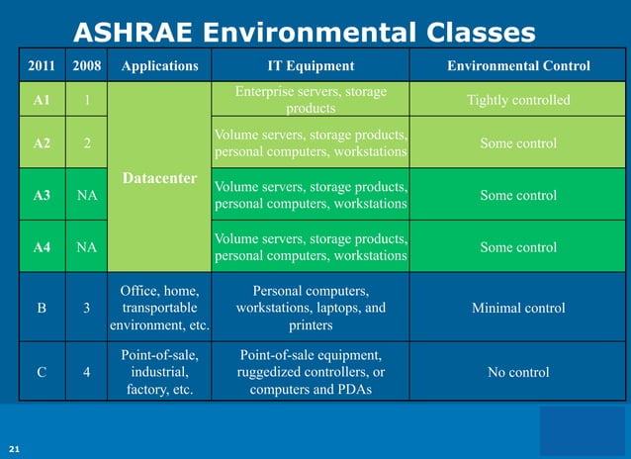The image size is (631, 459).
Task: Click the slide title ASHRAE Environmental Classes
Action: click(305, 34)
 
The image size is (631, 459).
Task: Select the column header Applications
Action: click(159, 66)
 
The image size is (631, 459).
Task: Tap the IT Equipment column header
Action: click(311, 66)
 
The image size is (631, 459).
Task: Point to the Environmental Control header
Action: click(518, 66)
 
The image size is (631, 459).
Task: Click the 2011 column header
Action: click(42, 66)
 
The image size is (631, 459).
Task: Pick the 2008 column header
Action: click(86, 66)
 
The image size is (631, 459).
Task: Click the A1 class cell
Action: click(42, 100)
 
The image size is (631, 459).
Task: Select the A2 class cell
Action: click(42, 143)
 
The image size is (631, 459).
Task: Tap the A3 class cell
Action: click(42, 196)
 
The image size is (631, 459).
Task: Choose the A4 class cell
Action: click(42, 247)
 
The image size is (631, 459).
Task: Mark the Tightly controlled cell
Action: click(518, 100)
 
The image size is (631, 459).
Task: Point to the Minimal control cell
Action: click(518, 308)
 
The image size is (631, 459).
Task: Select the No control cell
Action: click(518, 372)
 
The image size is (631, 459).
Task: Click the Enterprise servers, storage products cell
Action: click(311, 99)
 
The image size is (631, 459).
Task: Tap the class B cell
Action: click(42, 308)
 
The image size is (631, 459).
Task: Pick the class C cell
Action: click(42, 372)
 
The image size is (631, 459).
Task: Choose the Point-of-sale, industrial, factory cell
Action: click(159, 372)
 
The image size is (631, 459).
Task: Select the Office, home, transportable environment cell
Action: click(159, 308)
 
